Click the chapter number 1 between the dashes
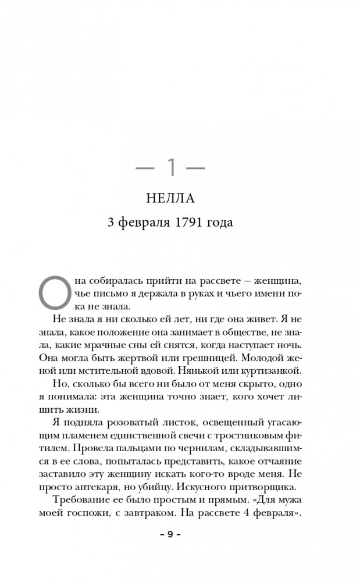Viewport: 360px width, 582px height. click(x=172, y=169)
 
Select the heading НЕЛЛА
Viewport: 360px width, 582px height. click(x=172, y=200)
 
